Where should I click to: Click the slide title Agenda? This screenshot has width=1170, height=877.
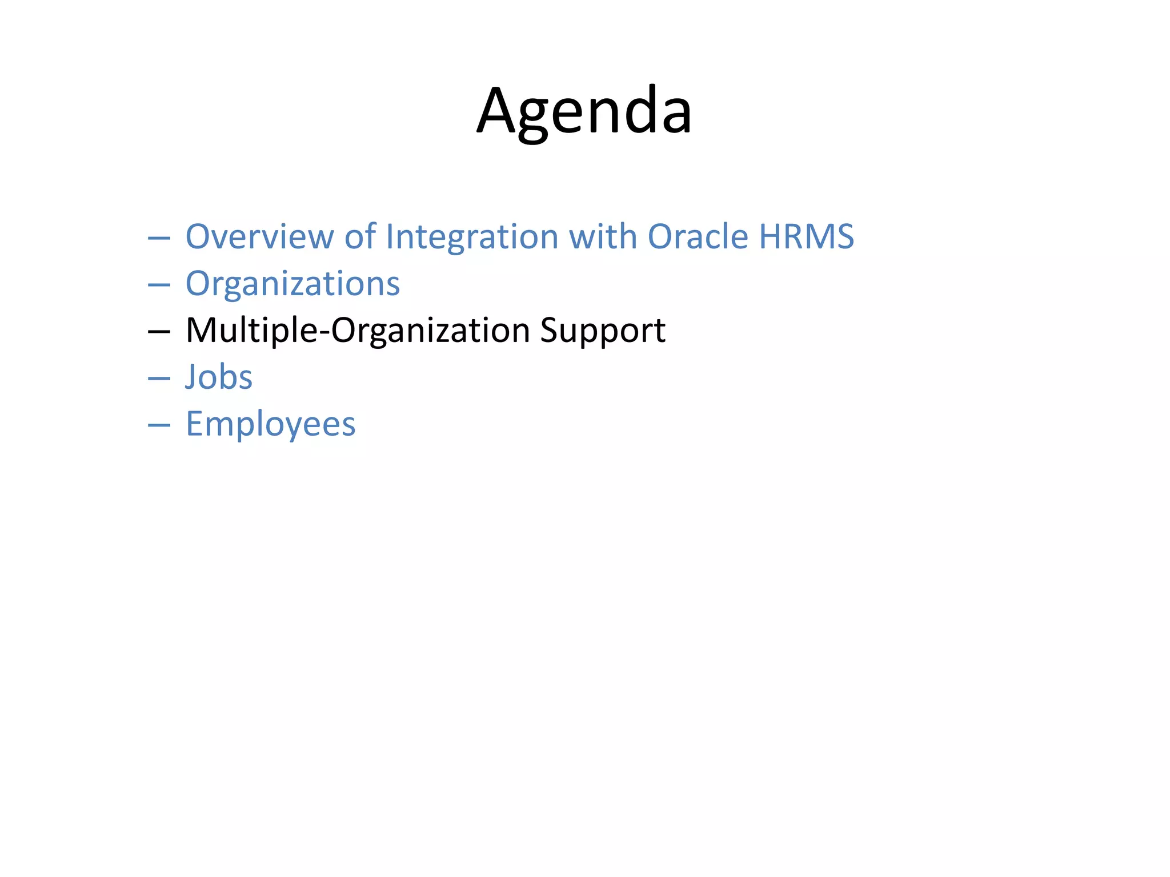[584, 111]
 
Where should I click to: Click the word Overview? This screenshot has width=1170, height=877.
[259, 236]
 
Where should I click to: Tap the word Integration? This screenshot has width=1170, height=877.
[472, 236]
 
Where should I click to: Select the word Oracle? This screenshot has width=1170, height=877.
[698, 236]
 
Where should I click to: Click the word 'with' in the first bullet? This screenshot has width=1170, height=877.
[603, 236]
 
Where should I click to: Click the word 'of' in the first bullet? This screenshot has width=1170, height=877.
[360, 236]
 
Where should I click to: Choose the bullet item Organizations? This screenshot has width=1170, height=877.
[292, 284]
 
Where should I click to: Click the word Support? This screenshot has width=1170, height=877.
[603, 331]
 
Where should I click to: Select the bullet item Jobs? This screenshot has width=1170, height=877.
[219, 377]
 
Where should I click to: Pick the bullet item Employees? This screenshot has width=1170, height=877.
[270, 424]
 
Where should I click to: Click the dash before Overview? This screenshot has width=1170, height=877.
[159, 238]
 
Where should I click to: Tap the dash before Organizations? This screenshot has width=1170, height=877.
[159, 285]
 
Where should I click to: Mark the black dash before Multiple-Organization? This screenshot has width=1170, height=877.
[159, 332]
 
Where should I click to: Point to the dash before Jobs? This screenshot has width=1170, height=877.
[159, 379]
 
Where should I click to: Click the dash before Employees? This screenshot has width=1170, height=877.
[159, 425]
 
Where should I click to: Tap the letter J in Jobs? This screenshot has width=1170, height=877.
[193, 377]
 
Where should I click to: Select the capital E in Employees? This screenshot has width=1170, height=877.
[195, 424]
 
